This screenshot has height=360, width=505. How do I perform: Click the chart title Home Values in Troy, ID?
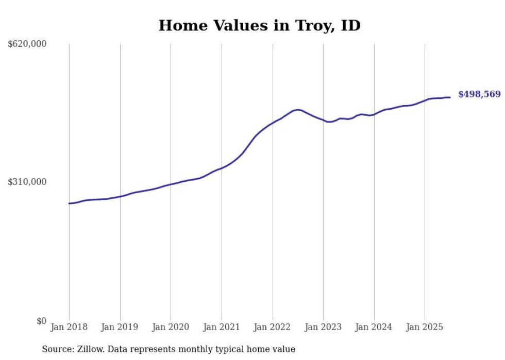259,25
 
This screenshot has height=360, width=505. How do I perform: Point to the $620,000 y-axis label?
27,44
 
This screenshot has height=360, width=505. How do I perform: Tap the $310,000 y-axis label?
27,182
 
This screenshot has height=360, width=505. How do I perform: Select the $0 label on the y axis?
41,321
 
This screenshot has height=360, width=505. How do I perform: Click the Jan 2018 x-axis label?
69,327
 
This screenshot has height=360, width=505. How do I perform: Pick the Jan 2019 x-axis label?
120,327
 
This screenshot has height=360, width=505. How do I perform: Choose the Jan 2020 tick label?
171,327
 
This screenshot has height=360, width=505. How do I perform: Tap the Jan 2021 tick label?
222,327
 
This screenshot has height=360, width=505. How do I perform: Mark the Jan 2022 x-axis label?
273,327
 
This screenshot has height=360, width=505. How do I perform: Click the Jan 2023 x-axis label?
323,327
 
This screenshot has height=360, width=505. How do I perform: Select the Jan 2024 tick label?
374,327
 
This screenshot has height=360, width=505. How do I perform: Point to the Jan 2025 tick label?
425,327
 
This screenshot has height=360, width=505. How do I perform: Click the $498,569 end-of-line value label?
479,94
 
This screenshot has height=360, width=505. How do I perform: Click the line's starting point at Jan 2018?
69,203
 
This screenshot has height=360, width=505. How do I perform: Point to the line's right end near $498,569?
450,97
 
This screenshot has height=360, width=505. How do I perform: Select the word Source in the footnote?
57,349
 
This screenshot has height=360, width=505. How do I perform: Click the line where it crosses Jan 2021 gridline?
222,168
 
